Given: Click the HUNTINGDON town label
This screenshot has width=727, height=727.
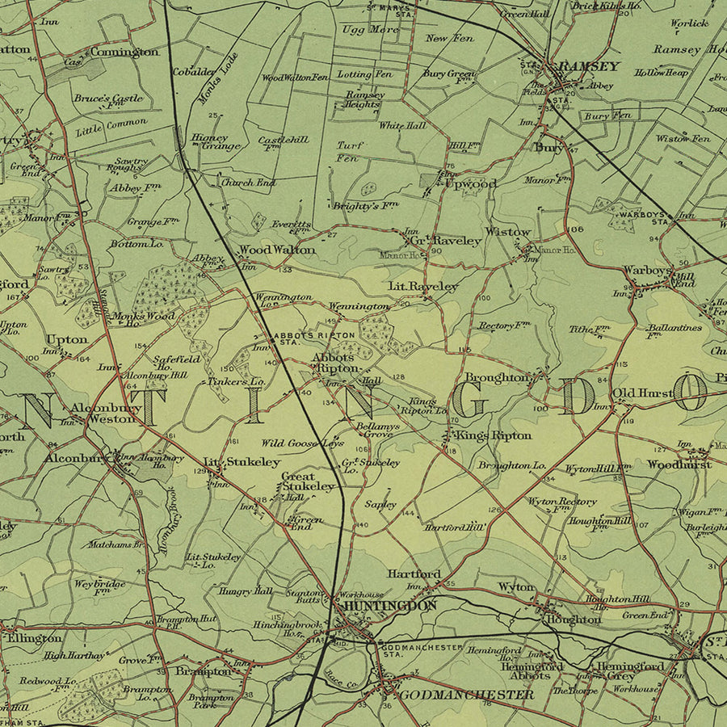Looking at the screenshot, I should tap(389, 605).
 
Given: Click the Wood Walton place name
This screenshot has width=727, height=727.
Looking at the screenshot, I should tap(277, 250).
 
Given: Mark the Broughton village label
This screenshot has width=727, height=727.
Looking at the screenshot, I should tap(498, 377).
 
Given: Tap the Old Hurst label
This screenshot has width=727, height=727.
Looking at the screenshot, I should tap(642, 393).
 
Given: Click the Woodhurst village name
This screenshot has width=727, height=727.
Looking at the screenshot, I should tap(679, 464).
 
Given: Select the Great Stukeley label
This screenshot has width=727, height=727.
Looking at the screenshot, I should tap(307, 481).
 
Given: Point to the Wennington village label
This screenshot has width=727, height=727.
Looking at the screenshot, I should tap(359, 307).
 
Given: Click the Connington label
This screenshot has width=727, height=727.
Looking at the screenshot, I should tap(124, 52).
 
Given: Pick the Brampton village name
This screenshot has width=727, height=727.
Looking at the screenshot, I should tap(204, 671).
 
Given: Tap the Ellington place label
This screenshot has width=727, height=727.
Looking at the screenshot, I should tap(34, 638).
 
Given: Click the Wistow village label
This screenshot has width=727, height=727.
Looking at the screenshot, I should tap(508, 233).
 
